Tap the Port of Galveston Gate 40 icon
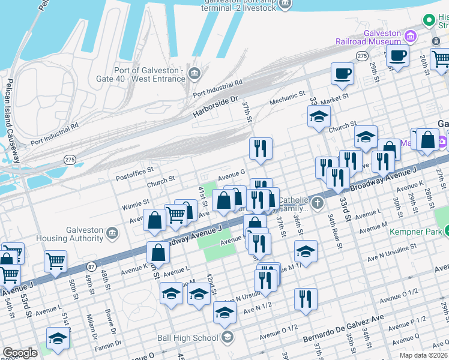point(194,74)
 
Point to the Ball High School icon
point(226,337)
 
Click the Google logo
point(20,353)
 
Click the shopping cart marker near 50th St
point(55,260)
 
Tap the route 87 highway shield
point(91,266)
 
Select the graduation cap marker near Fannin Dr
point(58,338)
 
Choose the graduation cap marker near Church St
point(319,116)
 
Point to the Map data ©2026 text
point(423,355)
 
